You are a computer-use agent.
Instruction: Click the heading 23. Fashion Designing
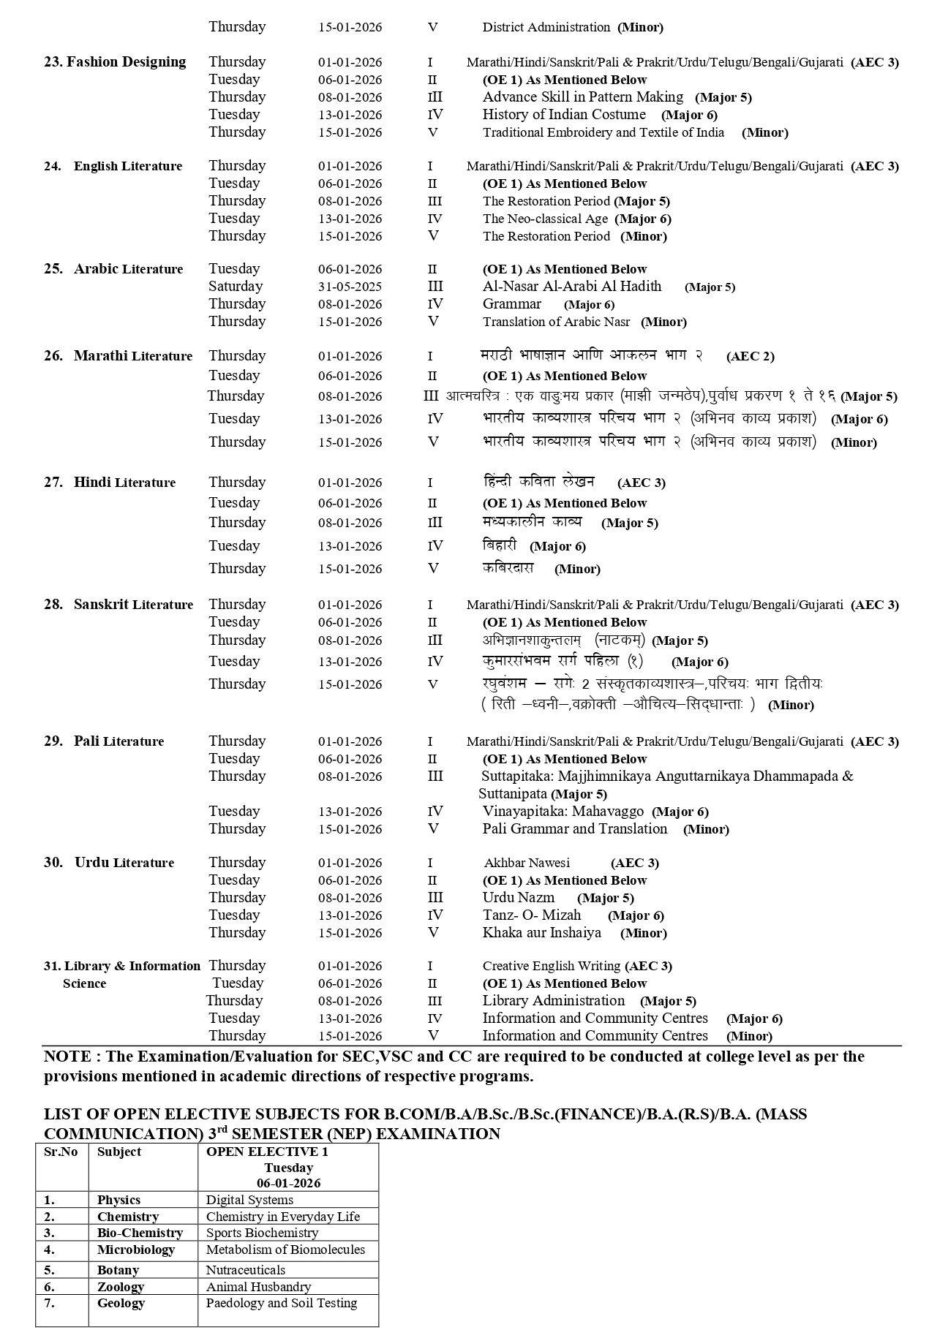pyautogui.click(x=115, y=62)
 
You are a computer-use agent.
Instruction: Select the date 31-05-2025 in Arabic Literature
pyautogui.click(x=350, y=287)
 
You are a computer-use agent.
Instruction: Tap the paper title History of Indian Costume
pyautogui.click(x=563, y=115)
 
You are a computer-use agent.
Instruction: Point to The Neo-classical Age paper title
pyautogui.click(x=545, y=219)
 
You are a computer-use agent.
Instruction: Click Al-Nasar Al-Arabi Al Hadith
pyautogui.click(x=571, y=287)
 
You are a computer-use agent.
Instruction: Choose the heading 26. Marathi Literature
pyautogui.click(x=118, y=356)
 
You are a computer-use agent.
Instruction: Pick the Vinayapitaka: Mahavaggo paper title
pyautogui.click(x=563, y=812)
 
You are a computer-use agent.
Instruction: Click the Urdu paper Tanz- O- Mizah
pyautogui.click(x=532, y=915)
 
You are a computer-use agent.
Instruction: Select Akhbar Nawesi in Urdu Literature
pyautogui.click(x=526, y=863)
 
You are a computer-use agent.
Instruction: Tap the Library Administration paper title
pyautogui.click(x=553, y=1001)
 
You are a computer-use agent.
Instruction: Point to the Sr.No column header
pyautogui.click(x=61, y=1152)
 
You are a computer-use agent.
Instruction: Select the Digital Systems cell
pyautogui.click(x=249, y=1200)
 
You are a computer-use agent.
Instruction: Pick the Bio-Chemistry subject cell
pyautogui.click(x=129, y=1233)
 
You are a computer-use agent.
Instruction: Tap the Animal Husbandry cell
pyautogui.click(x=258, y=1286)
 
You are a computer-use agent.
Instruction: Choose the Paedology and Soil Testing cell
pyautogui.click(x=281, y=1303)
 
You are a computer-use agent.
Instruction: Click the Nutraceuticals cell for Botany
pyautogui.click(x=245, y=1270)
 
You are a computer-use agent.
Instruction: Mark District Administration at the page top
pyautogui.click(x=546, y=27)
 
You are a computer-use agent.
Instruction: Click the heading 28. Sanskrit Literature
pyautogui.click(x=119, y=605)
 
